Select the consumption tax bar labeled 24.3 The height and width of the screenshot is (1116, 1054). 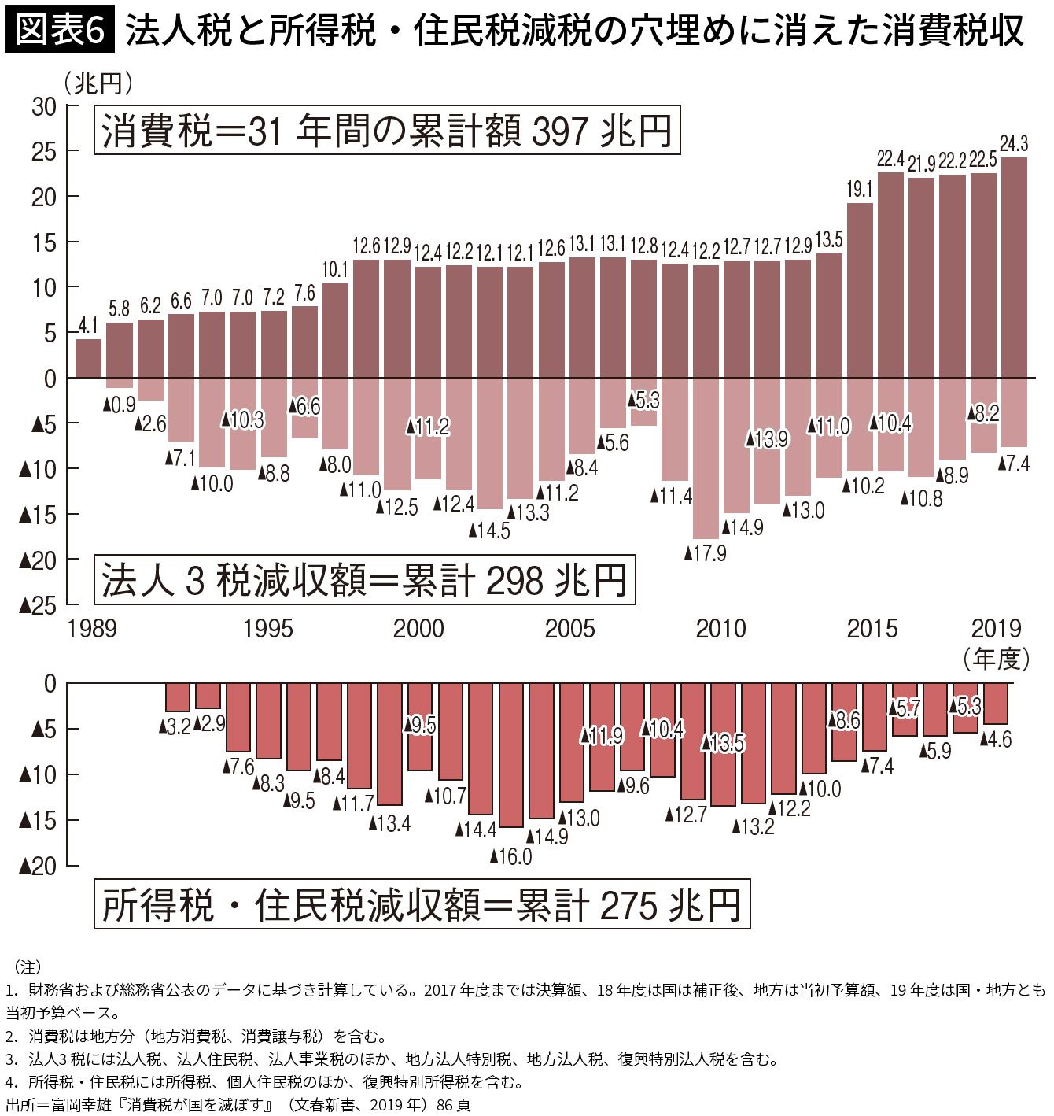point(1013,268)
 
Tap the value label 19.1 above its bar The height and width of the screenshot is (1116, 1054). point(860,190)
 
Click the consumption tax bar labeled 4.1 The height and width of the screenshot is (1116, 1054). point(88,358)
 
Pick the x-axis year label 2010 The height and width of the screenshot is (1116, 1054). point(720,629)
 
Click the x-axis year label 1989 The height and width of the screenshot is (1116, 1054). point(91,629)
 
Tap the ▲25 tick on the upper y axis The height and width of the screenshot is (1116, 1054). point(37,604)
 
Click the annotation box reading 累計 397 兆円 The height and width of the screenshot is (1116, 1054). point(386,130)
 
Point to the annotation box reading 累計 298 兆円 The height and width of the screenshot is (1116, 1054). point(364,581)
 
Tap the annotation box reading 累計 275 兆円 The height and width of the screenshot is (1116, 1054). point(422,905)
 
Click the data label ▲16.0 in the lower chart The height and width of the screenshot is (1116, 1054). point(510,856)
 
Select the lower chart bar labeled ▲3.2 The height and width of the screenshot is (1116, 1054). point(177,697)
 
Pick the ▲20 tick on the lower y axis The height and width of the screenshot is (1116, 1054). point(37,866)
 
